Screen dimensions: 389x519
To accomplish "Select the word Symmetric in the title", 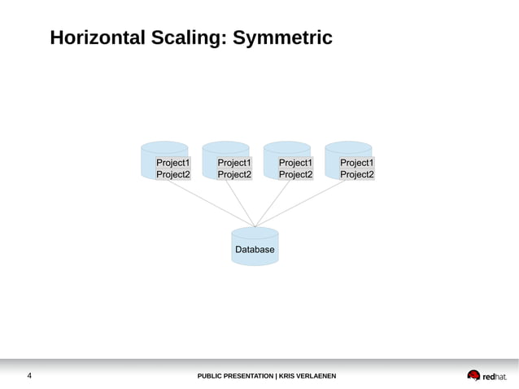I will [282, 38].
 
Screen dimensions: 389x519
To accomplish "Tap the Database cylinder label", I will [255, 250].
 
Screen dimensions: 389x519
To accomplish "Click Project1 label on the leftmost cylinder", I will [172, 163].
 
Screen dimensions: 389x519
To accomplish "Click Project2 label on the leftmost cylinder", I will [172, 174].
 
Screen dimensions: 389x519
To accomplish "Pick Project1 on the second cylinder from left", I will [234, 163].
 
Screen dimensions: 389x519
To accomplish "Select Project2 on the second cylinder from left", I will [234, 174].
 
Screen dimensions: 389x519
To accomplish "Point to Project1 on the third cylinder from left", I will [295, 163].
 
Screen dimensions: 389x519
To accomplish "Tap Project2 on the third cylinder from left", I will [295, 174].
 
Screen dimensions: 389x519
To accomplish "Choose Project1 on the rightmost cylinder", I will [357, 163].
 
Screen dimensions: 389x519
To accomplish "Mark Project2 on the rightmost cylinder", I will [357, 174].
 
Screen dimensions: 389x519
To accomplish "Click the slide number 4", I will [30, 376].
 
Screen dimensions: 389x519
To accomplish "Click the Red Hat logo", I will [486, 376].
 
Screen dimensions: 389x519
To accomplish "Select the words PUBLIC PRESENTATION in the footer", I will [235, 376].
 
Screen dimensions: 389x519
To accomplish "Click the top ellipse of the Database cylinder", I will [255, 233].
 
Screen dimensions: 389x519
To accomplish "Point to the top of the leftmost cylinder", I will [164, 147].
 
